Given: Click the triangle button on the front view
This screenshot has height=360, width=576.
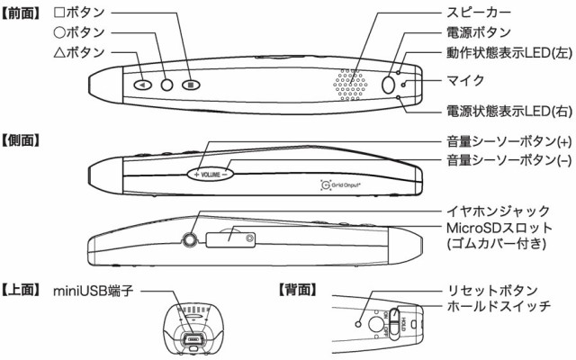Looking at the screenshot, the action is coord(143,85).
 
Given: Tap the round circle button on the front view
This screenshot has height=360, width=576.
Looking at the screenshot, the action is coord(166,85).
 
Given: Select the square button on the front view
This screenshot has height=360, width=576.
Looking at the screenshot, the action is coord(191,85).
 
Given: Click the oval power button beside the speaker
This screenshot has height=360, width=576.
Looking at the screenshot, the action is coord(388,85).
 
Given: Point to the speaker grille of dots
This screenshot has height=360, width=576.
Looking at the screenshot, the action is coord(350,84).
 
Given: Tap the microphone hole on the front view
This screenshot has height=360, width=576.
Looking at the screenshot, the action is coord(403,85).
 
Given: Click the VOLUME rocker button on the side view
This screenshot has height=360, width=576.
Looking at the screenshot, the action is coord(210,175).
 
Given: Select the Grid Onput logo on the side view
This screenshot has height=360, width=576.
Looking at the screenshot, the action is coord(340,184).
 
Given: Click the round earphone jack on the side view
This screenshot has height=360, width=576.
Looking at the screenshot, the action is coord(190,240).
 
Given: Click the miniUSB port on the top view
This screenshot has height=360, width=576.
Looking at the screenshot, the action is coord(193,339).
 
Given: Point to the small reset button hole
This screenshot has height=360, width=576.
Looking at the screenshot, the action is coord(358,324).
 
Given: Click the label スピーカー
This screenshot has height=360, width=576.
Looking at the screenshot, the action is coord(478,12).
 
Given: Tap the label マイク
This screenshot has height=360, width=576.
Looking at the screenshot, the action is coord(465,80).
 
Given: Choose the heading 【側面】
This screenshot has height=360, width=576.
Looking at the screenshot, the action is coord(21,140).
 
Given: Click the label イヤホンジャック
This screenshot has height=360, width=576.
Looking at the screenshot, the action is coord(498,211).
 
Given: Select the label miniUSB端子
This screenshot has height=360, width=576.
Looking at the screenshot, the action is coord(94,291).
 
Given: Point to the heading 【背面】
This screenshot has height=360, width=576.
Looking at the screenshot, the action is coord(298,290).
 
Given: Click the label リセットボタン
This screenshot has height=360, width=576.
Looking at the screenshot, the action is coord(492,290).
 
